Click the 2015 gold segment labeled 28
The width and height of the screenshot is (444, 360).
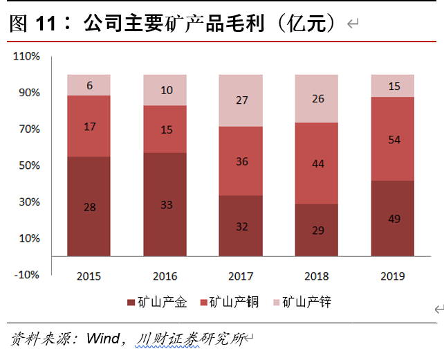(x=89, y=206)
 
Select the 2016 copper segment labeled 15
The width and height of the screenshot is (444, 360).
(x=165, y=129)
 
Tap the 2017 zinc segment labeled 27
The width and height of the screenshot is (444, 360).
(x=241, y=100)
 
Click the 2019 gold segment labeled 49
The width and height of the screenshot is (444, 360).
(x=393, y=218)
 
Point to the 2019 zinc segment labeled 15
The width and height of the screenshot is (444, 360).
(x=393, y=86)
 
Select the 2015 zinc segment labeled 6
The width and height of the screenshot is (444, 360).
(x=89, y=85)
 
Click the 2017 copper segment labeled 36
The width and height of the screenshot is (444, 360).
(x=241, y=161)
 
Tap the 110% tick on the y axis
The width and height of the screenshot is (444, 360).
(x=27, y=56)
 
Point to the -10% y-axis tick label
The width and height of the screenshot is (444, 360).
(x=27, y=275)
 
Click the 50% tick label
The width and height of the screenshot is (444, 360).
(x=29, y=165)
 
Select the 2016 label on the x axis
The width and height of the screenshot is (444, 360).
(x=165, y=276)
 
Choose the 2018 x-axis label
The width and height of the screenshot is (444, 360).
(x=317, y=276)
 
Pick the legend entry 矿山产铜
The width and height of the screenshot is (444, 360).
(x=234, y=303)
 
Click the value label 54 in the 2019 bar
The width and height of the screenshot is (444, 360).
(x=393, y=139)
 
